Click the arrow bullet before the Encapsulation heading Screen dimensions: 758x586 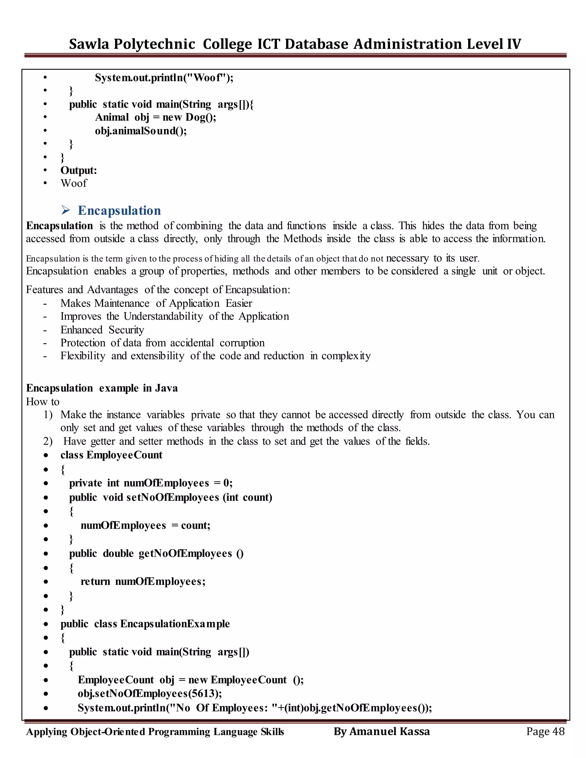pyautogui.click(x=66, y=210)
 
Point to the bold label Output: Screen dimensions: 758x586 pyautogui.click(x=79, y=170)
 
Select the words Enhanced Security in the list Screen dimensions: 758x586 pyautogui.click(x=102, y=330)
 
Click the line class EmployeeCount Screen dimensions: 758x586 pyautogui.click(x=111, y=455)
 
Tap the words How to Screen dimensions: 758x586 pyautogui.click(x=43, y=402)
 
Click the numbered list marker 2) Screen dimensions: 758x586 pyautogui.click(x=48, y=441)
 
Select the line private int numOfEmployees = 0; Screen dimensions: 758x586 pyautogui.click(x=151, y=483)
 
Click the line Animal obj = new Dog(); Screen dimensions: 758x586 pyautogui.click(x=156, y=117)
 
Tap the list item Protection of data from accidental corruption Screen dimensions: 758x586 pyautogui.click(x=163, y=343)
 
